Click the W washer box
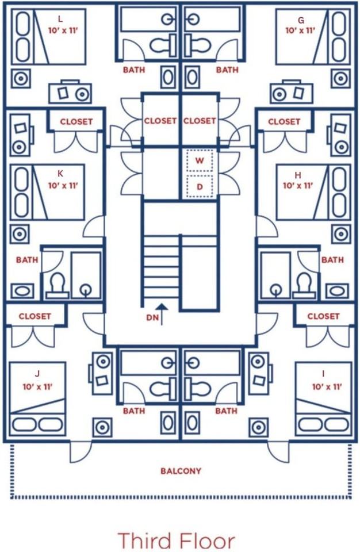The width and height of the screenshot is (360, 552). (x=200, y=160)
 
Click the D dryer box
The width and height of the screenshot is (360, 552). (x=200, y=186)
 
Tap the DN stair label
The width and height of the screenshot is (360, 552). (x=152, y=317)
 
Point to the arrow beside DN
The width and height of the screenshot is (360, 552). (x=162, y=314)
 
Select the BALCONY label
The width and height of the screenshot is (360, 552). (x=181, y=471)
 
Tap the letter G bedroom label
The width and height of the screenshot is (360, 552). (x=300, y=21)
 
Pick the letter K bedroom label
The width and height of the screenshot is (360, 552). (x=60, y=174)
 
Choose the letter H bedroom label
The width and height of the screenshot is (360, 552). (x=298, y=175)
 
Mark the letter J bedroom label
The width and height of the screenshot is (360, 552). (x=37, y=374)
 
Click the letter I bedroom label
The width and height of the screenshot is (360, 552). (x=323, y=374)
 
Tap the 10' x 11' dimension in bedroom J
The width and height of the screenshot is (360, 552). (x=37, y=386)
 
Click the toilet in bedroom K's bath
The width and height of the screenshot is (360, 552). (x=57, y=283)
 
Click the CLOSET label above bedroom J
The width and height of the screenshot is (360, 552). (x=35, y=316)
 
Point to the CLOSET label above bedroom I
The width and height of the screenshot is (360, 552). (x=323, y=316)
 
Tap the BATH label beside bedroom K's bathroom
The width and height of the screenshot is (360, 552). (x=27, y=260)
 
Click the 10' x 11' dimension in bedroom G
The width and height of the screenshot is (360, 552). (x=300, y=30)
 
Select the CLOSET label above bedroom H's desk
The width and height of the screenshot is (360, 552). (x=284, y=121)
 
